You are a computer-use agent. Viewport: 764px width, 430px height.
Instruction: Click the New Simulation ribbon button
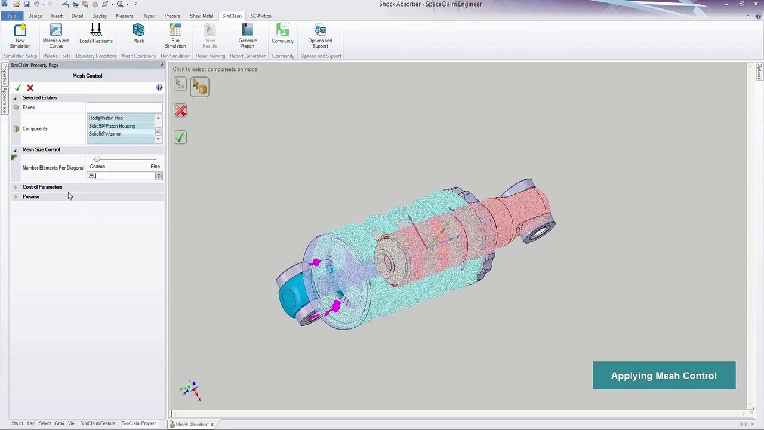point(20,36)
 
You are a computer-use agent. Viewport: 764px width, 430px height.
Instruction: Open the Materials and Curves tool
point(56,36)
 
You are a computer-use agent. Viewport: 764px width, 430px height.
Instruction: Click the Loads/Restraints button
point(95,34)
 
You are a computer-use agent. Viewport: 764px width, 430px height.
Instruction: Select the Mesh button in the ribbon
point(138,33)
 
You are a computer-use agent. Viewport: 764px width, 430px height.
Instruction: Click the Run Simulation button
point(175,36)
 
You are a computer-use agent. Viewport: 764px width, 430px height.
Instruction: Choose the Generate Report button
point(247,36)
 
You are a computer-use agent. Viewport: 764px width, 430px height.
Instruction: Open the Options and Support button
point(320,36)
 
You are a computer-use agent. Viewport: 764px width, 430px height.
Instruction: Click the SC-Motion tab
point(260,16)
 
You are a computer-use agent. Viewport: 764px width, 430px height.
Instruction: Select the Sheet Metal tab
point(201,16)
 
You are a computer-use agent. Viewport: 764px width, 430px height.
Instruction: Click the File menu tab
point(12,16)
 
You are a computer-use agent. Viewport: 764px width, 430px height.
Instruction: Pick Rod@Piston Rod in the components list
point(106,118)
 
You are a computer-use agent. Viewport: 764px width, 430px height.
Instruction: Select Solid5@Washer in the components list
point(104,134)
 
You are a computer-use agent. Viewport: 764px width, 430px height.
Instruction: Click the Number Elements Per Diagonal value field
point(121,176)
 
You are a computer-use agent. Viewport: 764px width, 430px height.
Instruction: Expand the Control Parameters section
point(42,187)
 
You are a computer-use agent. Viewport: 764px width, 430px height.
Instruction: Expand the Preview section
point(30,196)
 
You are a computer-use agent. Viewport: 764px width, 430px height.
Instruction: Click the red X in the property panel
point(30,88)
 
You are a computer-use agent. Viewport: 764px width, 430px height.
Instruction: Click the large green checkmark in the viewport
point(180,137)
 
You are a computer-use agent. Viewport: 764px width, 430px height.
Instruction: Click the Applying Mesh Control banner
point(664,376)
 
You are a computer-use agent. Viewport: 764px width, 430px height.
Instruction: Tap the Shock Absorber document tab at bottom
point(192,425)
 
